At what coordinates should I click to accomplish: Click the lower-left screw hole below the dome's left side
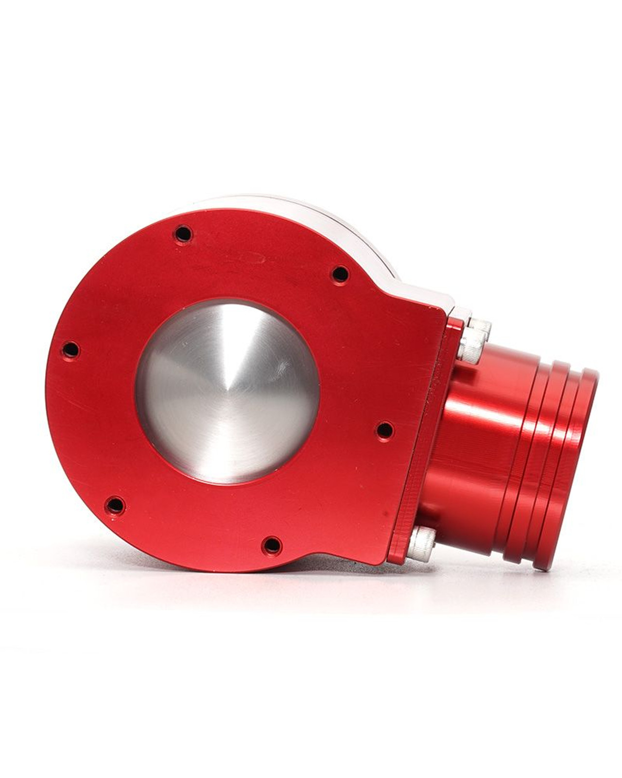tap(115, 506)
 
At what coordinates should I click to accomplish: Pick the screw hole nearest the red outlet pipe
tap(385, 430)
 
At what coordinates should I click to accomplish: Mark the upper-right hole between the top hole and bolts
tap(341, 275)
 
